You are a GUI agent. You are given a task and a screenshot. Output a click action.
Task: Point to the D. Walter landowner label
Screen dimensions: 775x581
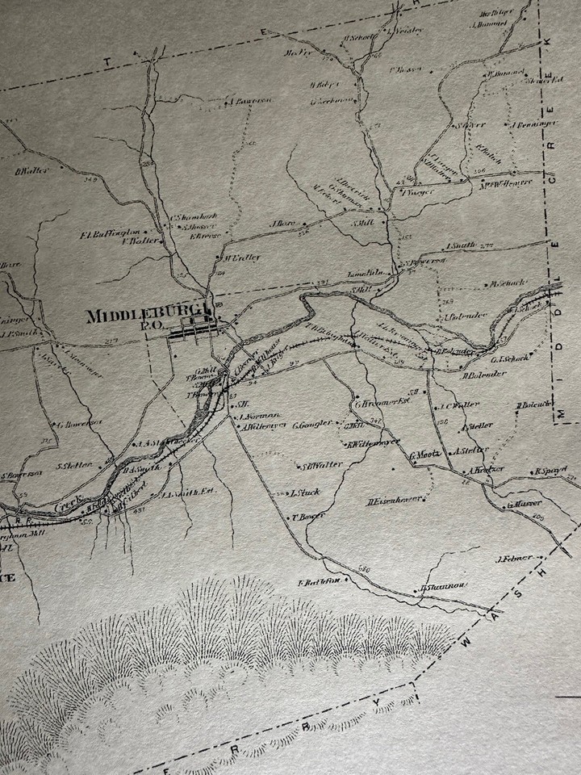pos(33,170)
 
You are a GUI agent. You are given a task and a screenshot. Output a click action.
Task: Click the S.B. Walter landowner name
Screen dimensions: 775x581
pos(323,465)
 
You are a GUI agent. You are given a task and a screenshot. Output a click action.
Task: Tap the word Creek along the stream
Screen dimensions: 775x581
pos(69,505)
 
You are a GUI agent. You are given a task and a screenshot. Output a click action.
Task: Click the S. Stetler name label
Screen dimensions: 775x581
pos(74,465)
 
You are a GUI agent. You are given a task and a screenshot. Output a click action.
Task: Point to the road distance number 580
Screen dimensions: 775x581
pos(362,571)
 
